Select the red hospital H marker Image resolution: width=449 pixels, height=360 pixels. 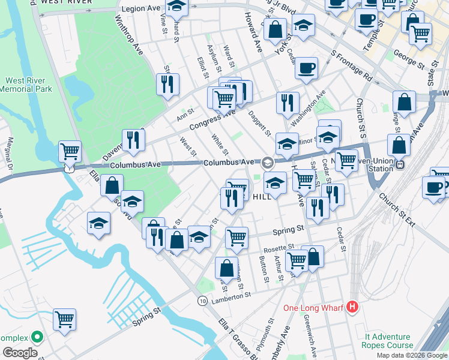point(352,308)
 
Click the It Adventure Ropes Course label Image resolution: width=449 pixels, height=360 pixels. point(387,341)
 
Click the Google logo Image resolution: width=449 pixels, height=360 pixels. point(19,352)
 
